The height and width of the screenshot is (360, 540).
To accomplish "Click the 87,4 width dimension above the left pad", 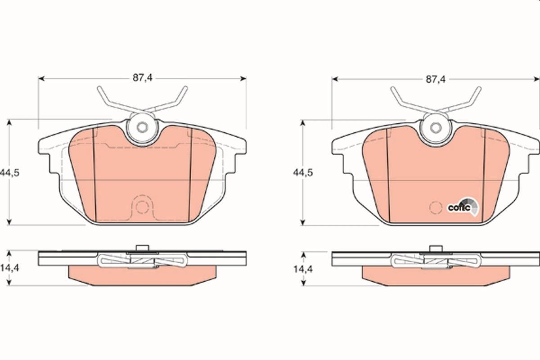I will point(143,78).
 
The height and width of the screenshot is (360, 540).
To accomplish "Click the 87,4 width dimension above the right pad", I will point(435,79).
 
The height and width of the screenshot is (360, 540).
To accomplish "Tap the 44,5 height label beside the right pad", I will point(303,172).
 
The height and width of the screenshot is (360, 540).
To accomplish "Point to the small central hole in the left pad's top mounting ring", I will point(142,127).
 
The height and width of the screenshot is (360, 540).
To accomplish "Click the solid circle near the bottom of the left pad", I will point(142,208).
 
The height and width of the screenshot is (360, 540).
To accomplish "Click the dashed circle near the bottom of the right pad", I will point(435,208).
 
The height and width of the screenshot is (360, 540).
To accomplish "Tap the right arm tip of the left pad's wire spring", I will point(184,89).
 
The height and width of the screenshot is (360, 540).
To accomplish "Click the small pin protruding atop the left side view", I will point(142,247).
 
